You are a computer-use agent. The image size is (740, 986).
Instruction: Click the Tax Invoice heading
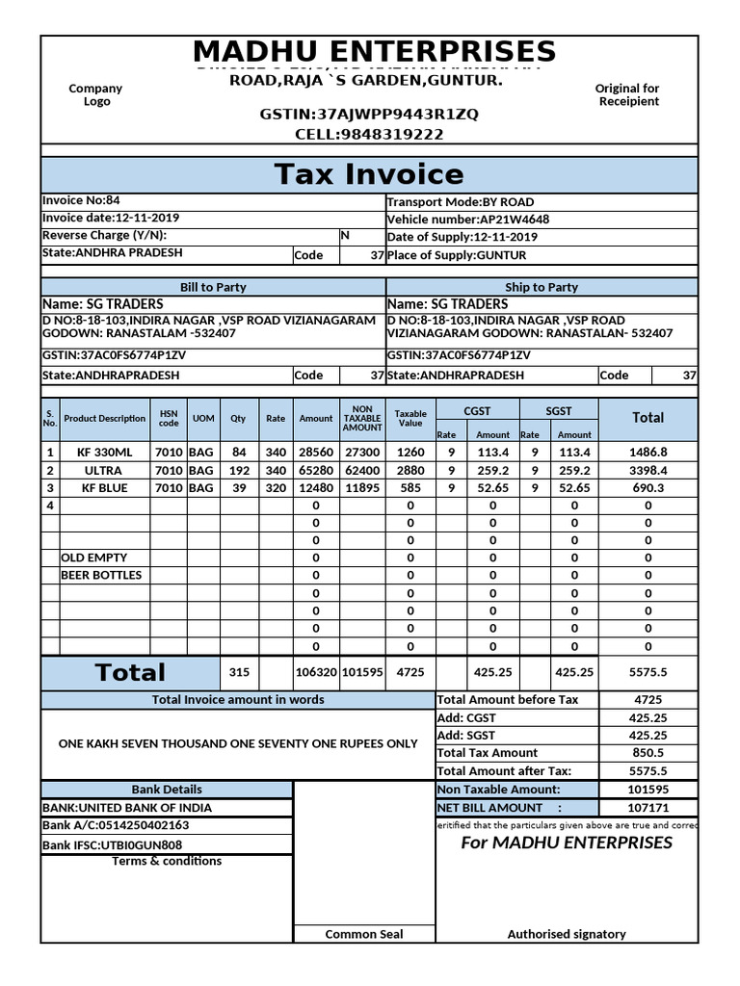[369, 174]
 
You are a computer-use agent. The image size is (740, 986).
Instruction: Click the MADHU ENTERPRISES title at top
[374, 52]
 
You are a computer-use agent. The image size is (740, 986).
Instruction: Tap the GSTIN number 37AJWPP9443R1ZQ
[369, 115]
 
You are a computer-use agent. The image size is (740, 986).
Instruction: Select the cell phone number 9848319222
[369, 135]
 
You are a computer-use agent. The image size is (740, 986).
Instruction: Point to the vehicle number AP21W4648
[467, 220]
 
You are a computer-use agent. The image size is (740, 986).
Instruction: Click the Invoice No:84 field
[82, 201]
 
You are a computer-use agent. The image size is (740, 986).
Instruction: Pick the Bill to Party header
[213, 287]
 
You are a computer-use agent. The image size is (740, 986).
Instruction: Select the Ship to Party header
[542, 287]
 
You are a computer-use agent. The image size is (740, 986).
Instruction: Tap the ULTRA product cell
[103, 471]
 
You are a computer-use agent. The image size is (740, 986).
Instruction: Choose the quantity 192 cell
[239, 471]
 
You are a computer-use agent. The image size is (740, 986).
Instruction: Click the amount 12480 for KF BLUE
[315, 488]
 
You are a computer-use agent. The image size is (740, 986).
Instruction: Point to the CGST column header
[477, 411]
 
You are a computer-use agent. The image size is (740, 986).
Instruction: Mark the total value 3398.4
[647, 471]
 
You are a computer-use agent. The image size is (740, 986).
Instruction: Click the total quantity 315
[239, 673]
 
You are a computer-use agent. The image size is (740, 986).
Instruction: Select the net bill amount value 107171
[647, 808]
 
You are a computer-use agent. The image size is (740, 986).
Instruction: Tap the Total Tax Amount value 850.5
[647, 753]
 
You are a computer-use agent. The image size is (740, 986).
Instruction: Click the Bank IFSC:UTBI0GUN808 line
[113, 845]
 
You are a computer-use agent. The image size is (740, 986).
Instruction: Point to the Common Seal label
[364, 934]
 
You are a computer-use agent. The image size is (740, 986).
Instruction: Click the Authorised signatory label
[567, 934]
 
